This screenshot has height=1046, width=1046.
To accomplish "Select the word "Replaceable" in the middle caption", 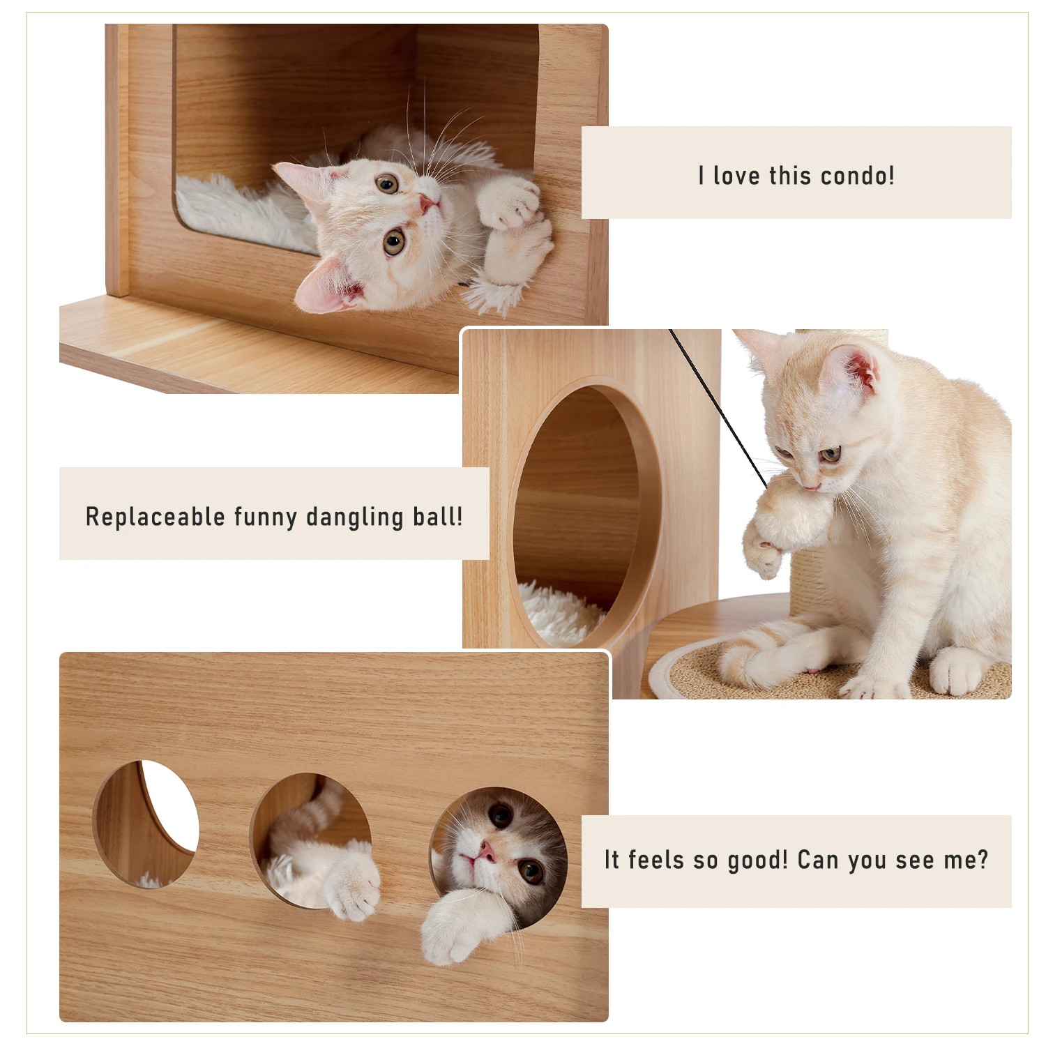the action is (x=155, y=517).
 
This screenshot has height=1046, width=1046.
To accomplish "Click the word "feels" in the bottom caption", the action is (x=655, y=860).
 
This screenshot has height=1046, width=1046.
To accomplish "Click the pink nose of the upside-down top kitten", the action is (x=427, y=204).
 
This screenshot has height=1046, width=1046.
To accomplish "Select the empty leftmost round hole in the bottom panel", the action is (x=146, y=823).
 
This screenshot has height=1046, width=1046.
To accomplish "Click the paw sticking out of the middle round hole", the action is (x=352, y=886).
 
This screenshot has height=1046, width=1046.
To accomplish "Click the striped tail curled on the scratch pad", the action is (x=774, y=652).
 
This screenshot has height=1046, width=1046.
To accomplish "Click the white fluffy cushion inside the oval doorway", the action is (x=558, y=614).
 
